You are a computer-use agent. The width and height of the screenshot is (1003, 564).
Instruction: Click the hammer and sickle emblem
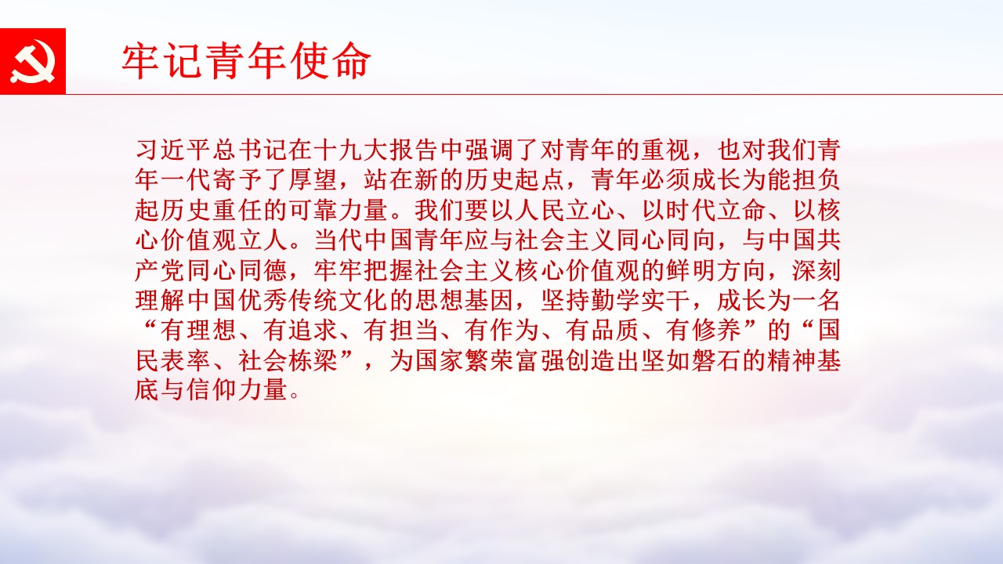[33, 61]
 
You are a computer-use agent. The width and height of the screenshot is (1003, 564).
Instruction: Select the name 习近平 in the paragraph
[173, 150]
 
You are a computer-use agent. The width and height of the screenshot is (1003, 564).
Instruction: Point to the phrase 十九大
[349, 150]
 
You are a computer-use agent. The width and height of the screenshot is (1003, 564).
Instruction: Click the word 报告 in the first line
[412, 150]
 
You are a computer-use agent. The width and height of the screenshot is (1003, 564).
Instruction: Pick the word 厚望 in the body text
[312, 180]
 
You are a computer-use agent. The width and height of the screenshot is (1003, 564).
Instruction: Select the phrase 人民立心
[564, 211]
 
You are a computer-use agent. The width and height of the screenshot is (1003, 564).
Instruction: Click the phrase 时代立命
[715, 211]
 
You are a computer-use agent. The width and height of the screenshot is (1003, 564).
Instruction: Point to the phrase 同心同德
[237, 270]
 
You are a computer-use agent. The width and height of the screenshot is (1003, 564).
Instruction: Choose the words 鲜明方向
[715, 270]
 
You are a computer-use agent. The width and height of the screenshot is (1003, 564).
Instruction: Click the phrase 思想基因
[463, 300]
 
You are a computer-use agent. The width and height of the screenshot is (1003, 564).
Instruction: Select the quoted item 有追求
[299, 331]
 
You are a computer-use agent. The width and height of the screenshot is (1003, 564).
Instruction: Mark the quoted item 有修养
[703, 331]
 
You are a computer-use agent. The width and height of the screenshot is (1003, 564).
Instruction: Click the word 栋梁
[312, 361]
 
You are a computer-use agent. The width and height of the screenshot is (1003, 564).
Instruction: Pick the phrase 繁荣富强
[513, 361]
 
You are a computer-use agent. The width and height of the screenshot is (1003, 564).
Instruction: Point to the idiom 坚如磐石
[690, 361]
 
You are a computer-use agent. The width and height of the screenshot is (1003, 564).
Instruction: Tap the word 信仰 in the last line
[211, 391]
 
